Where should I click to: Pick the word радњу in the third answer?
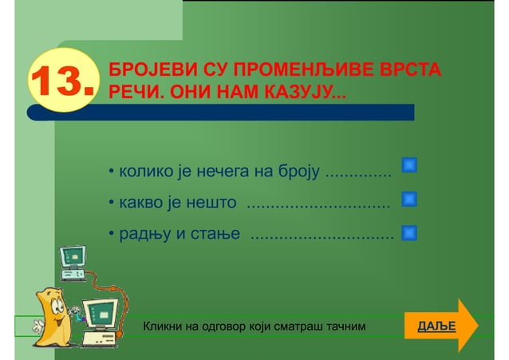(143, 235)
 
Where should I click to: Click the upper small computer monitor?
(73, 256)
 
